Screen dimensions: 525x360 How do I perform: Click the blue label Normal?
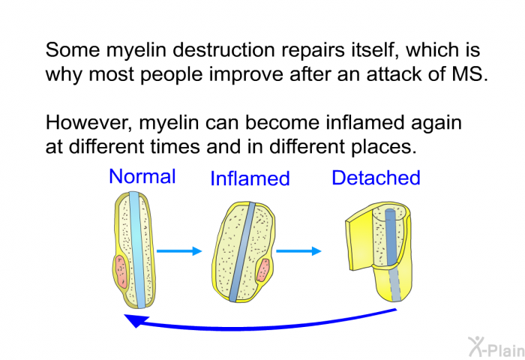(142, 176)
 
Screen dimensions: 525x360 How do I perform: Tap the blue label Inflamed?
(250, 178)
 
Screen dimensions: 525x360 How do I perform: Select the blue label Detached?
(376, 178)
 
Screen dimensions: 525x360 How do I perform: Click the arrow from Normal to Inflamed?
(179, 250)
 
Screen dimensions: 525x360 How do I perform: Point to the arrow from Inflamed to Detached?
(298, 250)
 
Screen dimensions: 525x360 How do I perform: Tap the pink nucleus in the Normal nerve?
(121, 271)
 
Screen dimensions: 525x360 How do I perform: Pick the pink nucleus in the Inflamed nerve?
(263, 270)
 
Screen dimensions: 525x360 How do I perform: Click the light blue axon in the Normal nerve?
(136, 250)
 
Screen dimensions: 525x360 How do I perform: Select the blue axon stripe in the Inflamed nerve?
(242, 252)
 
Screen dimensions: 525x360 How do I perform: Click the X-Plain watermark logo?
(496, 346)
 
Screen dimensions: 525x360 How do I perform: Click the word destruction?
(224, 50)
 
